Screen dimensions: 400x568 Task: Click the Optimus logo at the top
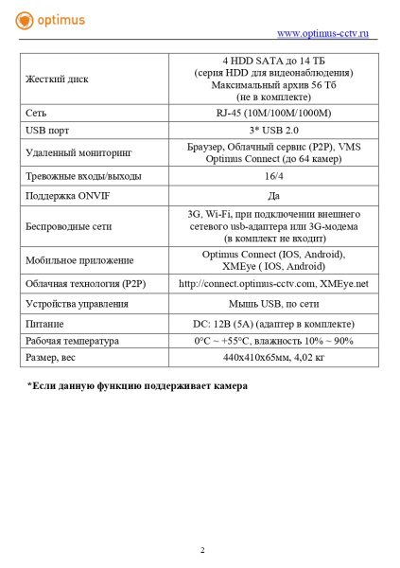pos(49,19)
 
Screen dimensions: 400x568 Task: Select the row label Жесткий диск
pos(57,79)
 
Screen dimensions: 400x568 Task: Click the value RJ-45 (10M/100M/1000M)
pos(273,113)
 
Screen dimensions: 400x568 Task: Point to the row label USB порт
pos(48,129)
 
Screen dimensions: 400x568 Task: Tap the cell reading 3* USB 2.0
pos(273,129)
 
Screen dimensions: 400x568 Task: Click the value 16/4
pos(273,175)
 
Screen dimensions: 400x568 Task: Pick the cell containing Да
pos(273,196)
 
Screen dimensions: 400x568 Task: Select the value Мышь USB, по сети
pos(273,305)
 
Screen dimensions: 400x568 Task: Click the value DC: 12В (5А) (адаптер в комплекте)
pos(273,323)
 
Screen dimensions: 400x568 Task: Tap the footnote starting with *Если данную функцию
pos(137,385)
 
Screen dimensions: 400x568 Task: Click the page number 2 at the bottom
pos(201,550)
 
